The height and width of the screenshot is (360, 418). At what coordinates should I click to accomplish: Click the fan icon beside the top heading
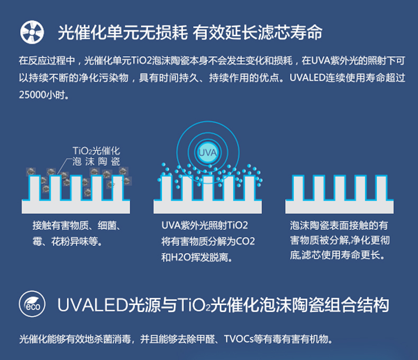click(x=31, y=32)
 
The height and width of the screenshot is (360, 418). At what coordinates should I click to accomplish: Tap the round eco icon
click(x=31, y=305)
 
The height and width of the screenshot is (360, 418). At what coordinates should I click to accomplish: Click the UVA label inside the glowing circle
click(x=207, y=152)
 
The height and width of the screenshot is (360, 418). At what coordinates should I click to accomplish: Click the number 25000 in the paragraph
click(x=32, y=95)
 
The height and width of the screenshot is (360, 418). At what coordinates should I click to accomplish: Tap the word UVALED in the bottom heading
click(x=87, y=305)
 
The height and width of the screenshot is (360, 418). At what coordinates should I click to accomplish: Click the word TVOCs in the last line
click(x=242, y=339)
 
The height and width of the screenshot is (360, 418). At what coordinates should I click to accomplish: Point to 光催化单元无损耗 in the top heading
click(x=122, y=32)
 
